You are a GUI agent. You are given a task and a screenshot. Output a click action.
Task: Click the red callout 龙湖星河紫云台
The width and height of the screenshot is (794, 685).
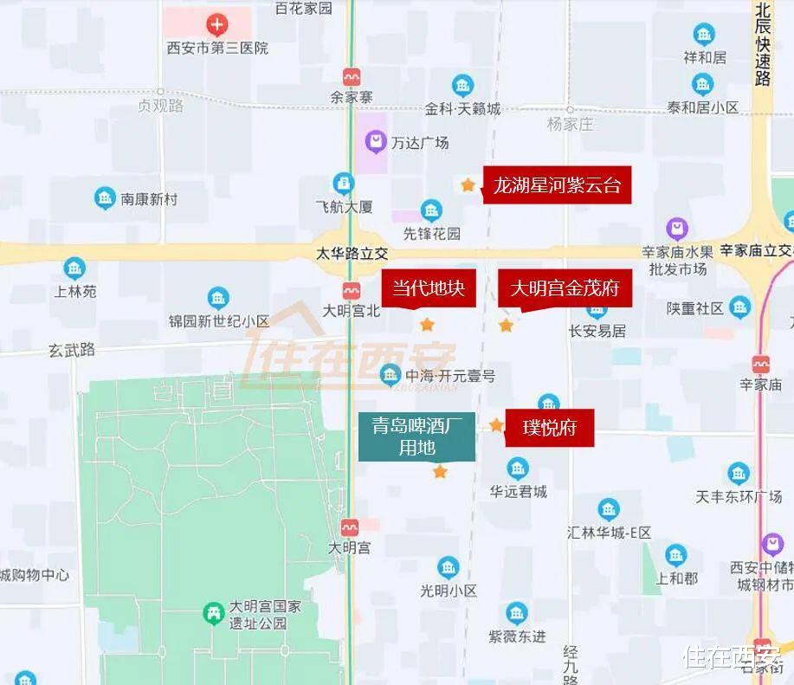pyautogui.click(x=557, y=185)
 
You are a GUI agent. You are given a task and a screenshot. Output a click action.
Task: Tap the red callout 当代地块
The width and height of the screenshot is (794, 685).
pyautogui.click(x=429, y=288)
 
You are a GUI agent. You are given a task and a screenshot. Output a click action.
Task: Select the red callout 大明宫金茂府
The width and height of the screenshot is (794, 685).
pyautogui.click(x=565, y=288)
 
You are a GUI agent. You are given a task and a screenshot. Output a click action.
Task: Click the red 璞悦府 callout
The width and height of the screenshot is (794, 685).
pyautogui.click(x=549, y=428)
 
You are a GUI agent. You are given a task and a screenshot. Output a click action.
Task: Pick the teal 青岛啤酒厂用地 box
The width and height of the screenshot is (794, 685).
pyautogui.click(x=417, y=436)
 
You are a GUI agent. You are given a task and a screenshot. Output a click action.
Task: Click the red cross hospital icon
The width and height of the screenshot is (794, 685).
pyautogui.click(x=216, y=24)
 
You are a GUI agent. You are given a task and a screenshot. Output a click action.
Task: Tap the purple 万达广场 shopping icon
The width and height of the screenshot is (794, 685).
pyautogui.click(x=375, y=140)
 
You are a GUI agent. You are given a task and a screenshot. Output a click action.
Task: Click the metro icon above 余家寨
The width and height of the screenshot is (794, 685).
pyautogui.click(x=352, y=76)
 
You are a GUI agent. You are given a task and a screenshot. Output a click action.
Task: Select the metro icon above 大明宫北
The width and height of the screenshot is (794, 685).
pyautogui.click(x=352, y=290)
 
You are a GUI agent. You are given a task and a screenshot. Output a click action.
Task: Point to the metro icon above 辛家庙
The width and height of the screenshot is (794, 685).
pyautogui.click(x=761, y=365)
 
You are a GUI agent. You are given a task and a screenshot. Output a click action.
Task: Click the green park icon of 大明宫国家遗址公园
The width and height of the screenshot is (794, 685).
pyautogui.click(x=212, y=614)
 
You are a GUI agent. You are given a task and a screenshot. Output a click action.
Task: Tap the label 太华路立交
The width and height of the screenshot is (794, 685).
pyautogui.click(x=352, y=254)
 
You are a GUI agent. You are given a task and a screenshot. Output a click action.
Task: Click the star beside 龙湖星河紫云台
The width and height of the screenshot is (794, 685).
pyautogui.click(x=468, y=184)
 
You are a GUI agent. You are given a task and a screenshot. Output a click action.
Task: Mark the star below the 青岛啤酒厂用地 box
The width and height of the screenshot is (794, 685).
pyautogui.click(x=440, y=472)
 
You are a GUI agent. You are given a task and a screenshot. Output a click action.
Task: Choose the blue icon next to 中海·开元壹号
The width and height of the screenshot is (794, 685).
pyautogui.click(x=390, y=375)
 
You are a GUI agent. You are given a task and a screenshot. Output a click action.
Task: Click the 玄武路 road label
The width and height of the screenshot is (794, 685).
pyautogui.click(x=72, y=350)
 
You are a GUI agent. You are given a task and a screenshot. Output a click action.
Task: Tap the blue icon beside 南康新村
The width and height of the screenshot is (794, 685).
pyautogui.click(x=105, y=198)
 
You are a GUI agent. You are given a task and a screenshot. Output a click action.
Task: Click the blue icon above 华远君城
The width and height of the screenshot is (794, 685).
pyautogui.click(x=518, y=469)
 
